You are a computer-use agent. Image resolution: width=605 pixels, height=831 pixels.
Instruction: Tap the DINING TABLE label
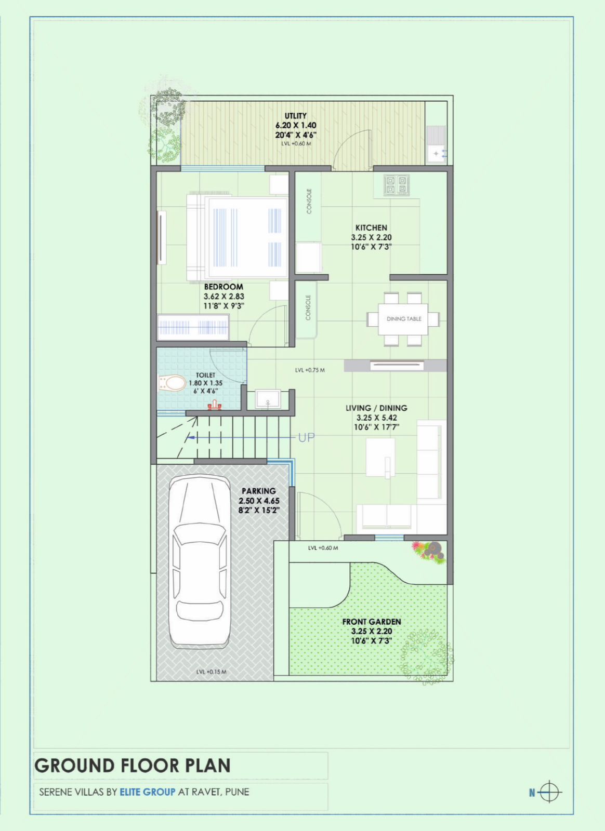click(404, 319)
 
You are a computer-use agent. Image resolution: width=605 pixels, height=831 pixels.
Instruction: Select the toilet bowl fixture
click(173, 383)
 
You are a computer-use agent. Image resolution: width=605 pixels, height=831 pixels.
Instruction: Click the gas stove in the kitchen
click(397, 185)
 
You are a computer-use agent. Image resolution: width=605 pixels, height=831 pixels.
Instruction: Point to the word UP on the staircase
click(306, 437)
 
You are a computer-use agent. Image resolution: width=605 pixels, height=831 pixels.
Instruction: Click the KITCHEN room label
click(371, 227)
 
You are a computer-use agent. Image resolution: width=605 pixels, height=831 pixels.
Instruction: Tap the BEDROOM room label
click(223, 287)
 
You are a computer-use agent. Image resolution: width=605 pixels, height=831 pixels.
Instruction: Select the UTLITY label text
click(295, 116)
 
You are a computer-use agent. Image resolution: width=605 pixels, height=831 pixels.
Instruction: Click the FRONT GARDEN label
click(371, 622)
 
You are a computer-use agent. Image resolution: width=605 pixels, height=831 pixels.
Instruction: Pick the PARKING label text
click(258, 491)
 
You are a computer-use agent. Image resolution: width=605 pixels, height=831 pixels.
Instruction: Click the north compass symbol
click(549, 793)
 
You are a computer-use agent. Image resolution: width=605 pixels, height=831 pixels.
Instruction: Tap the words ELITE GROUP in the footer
click(148, 792)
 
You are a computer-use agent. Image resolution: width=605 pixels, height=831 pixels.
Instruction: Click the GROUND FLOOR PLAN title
click(133, 766)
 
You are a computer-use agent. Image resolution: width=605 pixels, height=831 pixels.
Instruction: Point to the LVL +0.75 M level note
click(310, 370)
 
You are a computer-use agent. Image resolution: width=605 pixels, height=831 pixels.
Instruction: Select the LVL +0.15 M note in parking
click(211, 672)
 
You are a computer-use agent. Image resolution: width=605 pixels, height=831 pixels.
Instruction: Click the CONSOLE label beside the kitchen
click(309, 201)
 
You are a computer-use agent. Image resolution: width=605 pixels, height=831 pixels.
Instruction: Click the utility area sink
click(436, 153)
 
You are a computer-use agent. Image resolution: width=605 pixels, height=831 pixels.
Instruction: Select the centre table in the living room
click(380, 457)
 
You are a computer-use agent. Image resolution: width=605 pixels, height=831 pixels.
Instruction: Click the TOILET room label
click(205, 375)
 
